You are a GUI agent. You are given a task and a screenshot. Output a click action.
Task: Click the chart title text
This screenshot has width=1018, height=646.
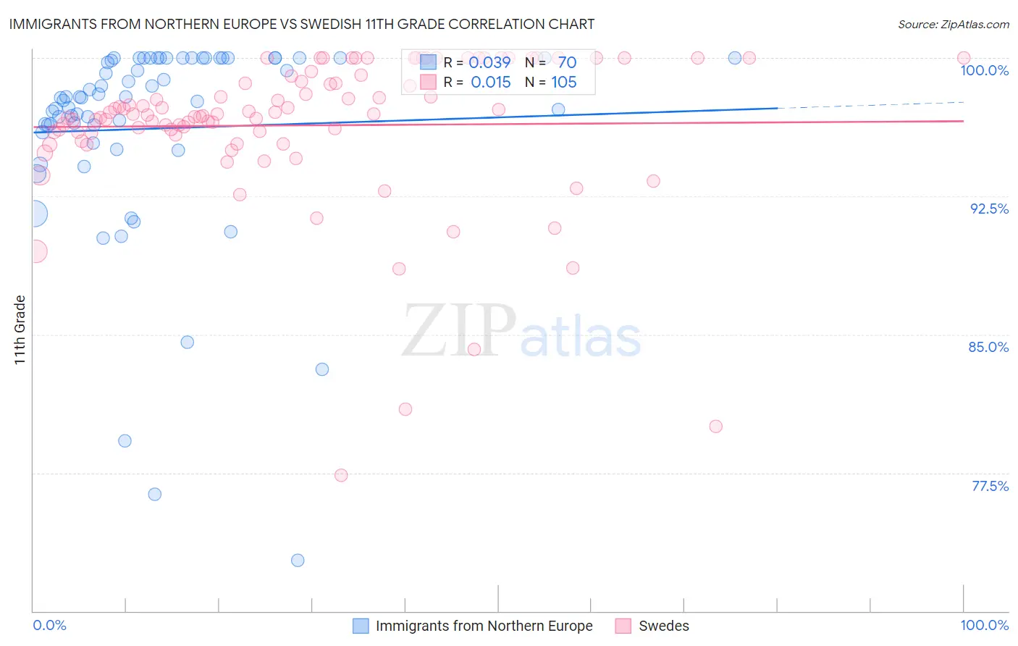click(301, 24)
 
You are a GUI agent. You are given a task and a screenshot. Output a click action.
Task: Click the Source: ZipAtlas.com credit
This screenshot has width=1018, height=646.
click(953, 24)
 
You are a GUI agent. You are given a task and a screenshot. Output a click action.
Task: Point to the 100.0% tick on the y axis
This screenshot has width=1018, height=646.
click(984, 70)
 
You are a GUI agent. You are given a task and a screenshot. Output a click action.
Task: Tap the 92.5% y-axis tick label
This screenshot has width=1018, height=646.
click(989, 209)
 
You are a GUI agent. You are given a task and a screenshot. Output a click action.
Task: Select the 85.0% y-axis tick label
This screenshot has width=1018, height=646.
click(988, 347)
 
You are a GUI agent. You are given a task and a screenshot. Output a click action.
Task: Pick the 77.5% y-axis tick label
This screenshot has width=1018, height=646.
click(990, 486)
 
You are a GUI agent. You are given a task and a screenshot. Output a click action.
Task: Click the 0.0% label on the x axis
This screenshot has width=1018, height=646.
click(49, 625)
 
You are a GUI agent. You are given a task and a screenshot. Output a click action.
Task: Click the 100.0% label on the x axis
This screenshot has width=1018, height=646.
click(984, 625)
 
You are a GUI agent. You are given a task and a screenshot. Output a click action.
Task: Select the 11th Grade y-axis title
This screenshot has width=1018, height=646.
click(20, 330)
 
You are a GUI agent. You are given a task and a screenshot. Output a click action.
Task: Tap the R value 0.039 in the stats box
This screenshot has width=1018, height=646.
click(490, 62)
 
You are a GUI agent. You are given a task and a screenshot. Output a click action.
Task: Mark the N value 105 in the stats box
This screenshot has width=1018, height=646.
click(564, 82)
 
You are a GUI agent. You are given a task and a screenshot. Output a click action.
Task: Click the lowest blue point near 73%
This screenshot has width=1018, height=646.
click(298, 560)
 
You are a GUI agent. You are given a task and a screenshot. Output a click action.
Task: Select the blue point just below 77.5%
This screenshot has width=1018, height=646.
click(154, 494)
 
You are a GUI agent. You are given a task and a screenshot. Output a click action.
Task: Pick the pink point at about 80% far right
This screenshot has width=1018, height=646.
click(716, 426)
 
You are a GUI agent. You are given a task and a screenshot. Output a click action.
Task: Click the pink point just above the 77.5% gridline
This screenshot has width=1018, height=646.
click(341, 475)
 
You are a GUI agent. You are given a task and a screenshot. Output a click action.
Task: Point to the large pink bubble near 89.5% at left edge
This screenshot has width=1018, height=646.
click(35, 251)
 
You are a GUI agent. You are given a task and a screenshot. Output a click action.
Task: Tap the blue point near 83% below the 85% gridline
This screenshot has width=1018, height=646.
click(322, 369)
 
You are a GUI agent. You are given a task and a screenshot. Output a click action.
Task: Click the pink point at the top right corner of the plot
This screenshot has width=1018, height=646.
click(964, 58)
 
